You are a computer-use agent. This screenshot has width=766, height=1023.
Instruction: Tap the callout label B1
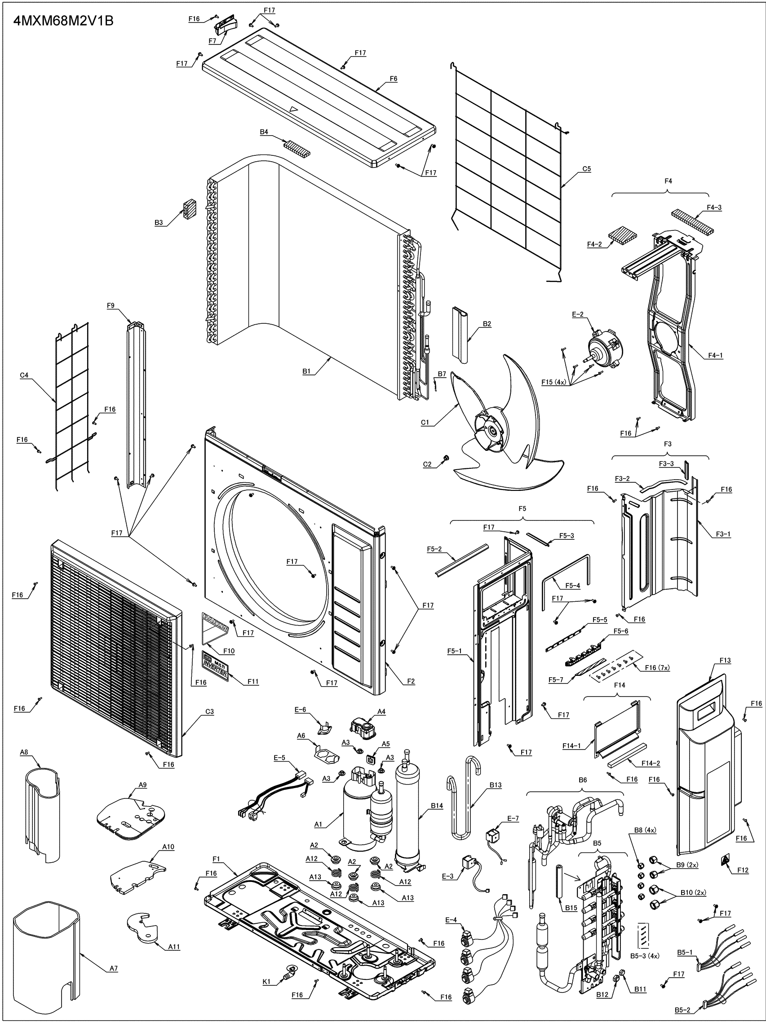click(306, 371)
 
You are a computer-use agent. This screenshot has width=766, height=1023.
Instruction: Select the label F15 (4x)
click(553, 382)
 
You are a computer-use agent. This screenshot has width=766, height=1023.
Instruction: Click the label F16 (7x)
click(657, 667)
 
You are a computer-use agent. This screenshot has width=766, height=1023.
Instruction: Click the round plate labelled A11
click(142, 924)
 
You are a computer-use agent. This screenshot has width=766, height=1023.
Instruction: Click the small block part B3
click(189, 210)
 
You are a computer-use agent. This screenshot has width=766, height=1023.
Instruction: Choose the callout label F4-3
click(714, 207)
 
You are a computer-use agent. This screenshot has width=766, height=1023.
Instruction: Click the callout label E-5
click(279, 758)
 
